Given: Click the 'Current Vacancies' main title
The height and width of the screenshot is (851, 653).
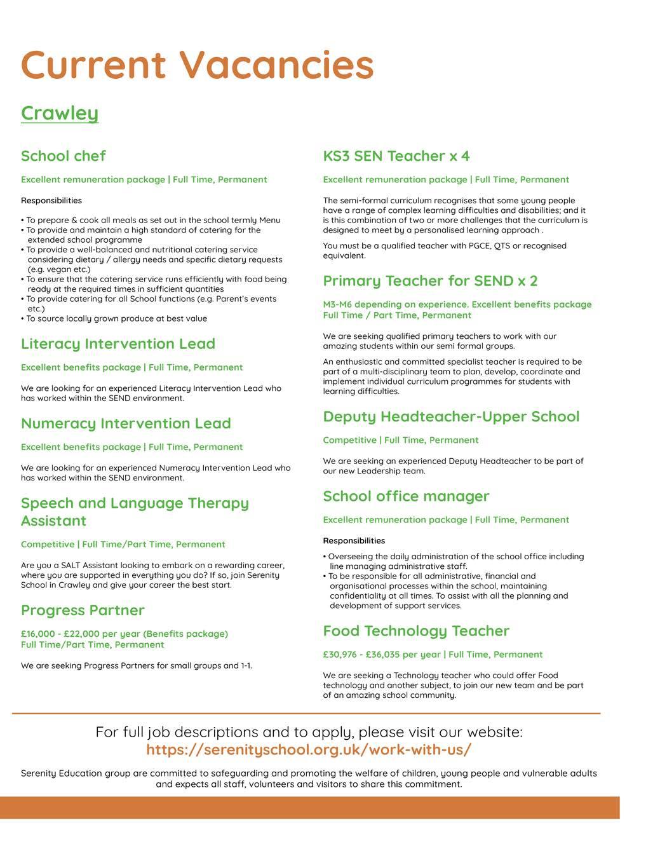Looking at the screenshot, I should click(197, 65).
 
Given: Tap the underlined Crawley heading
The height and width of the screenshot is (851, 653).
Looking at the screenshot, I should click(60, 113).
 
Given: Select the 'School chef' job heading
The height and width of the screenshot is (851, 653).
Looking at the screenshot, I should click(63, 156).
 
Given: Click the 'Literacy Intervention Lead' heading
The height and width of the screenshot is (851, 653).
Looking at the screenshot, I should click(118, 344).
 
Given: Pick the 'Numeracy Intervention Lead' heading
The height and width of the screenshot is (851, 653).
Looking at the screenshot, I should click(126, 423).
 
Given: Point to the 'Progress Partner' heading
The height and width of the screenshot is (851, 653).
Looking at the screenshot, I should click(83, 610).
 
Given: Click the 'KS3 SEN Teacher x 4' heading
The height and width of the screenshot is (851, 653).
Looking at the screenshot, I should click(396, 156).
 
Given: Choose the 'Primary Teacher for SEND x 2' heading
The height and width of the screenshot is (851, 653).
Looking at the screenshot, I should click(430, 281).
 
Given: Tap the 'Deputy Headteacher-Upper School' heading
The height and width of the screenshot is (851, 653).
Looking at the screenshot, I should click(451, 417).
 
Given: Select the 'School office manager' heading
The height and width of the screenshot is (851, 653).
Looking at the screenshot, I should click(406, 496).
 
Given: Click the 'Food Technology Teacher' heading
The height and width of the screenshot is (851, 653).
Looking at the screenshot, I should click(416, 631).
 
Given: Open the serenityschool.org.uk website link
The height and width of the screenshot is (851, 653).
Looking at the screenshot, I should click(309, 749).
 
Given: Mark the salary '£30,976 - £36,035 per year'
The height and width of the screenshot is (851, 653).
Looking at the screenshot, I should click(381, 655).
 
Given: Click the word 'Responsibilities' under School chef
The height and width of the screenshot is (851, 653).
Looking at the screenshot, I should click(51, 201).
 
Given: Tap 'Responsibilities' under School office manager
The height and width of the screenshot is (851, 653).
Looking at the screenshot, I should click(354, 541).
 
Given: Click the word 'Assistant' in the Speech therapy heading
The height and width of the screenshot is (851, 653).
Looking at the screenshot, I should click(53, 521).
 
